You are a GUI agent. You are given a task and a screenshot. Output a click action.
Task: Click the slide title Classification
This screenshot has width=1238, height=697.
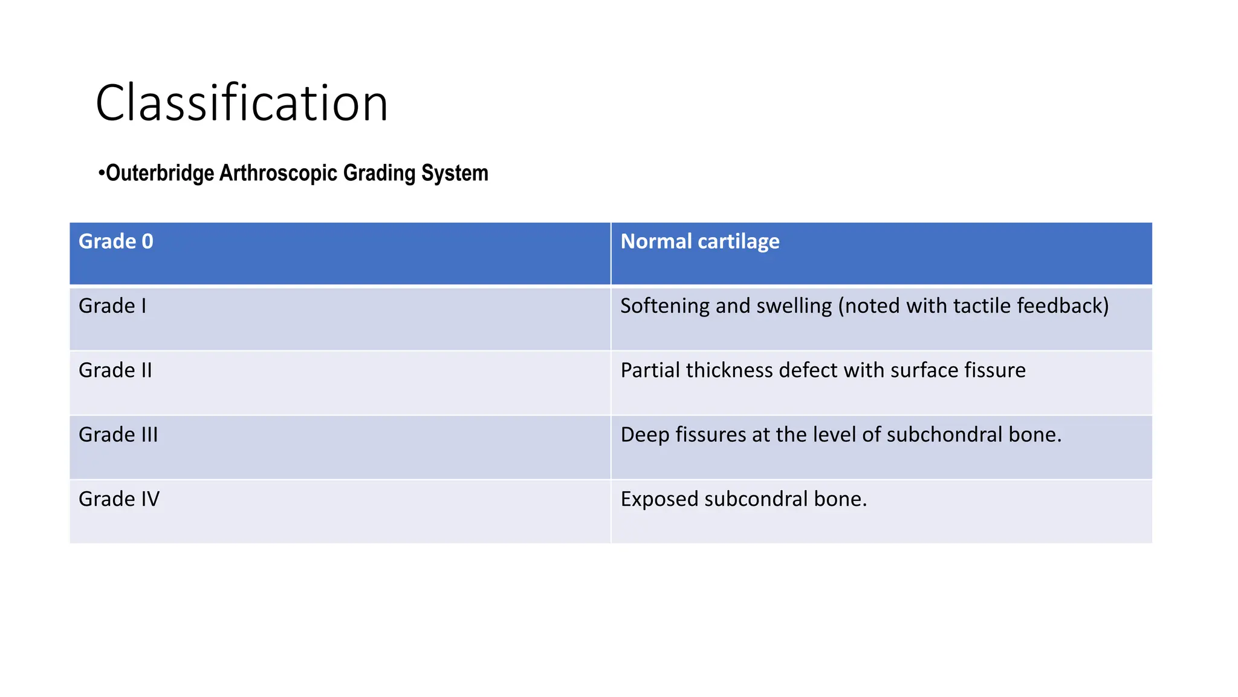(x=242, y=103)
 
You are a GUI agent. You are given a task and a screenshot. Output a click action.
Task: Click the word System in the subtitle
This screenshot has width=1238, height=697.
(x=455, y=173)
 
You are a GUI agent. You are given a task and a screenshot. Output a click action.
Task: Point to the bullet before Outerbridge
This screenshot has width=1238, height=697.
(x=102, y=174)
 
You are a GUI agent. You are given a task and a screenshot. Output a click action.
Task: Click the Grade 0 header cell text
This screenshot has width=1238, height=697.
(x=116, y=241)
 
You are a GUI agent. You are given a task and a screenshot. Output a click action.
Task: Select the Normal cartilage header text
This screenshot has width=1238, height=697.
(x=700, y=241)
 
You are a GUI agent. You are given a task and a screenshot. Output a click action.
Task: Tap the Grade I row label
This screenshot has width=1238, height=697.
(x=112, y=306)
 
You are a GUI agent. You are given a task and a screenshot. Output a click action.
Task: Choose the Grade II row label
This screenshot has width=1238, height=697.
(x=115, y=370)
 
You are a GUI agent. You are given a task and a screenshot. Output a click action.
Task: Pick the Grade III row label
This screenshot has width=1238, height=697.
(x=118, y=435)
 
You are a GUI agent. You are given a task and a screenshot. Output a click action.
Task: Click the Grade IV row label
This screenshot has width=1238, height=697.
(x=119, y=499)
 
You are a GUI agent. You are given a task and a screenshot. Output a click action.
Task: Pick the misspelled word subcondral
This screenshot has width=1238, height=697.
(x=756, y=499)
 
